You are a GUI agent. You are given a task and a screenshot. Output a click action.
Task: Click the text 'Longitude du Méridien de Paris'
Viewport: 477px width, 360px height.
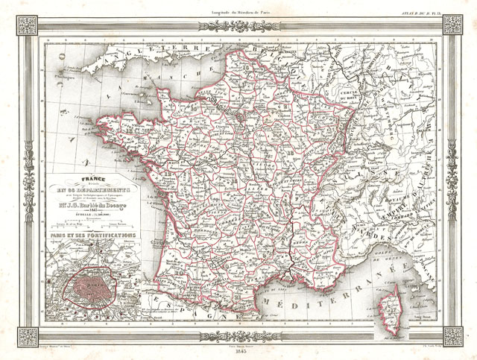click(238, 7)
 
